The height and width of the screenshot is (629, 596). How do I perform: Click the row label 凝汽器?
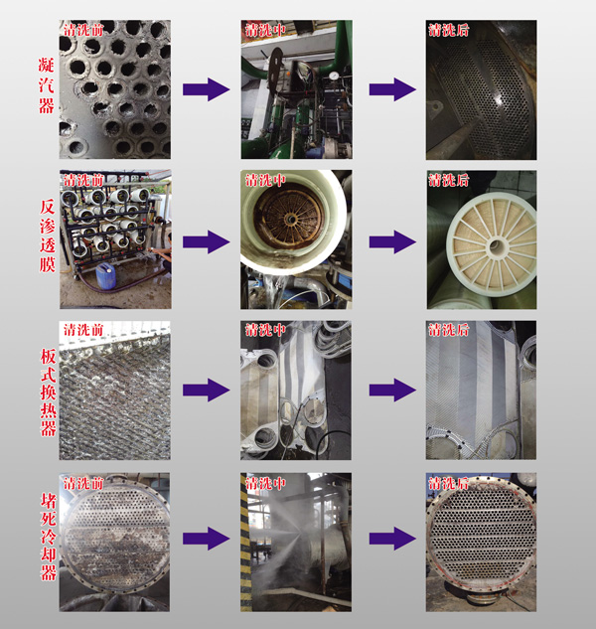[47, 85]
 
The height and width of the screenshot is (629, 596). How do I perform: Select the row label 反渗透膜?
[48, 236]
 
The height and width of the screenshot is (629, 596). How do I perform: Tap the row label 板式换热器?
[48, 393]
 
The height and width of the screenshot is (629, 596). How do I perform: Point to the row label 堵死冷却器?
[49, 537]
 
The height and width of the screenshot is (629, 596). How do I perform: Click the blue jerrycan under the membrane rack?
[105, 275]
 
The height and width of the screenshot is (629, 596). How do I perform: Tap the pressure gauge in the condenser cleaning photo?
[333, 76]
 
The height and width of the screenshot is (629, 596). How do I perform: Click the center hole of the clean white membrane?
[496, 246]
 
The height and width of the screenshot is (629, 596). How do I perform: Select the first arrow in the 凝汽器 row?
[207, 89]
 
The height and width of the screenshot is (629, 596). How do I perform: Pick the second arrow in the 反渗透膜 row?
[392, 241]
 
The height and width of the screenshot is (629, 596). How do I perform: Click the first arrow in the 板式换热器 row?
[207, 390]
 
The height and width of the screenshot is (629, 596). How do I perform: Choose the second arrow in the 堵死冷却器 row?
[392, 539]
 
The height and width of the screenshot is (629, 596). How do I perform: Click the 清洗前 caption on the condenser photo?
[83, 30]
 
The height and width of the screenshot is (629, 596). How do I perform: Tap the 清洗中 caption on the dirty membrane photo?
[265, 180]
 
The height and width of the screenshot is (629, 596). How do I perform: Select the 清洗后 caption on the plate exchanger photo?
[449, 330]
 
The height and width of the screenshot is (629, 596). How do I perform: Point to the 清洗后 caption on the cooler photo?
[449, 483]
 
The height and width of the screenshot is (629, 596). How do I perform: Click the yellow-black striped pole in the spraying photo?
[245, 542]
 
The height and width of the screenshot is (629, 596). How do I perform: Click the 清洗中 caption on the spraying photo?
[265, 483]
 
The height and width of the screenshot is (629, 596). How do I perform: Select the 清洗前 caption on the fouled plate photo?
[83, 330]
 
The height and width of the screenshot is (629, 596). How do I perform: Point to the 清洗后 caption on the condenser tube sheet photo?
[449, 30]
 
